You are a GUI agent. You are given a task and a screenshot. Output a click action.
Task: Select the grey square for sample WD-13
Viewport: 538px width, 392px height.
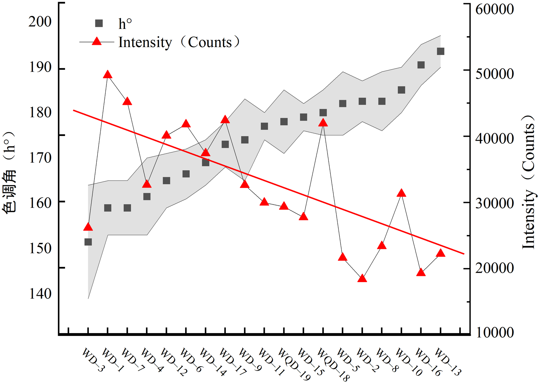pyautogui.click(x=440, y=51)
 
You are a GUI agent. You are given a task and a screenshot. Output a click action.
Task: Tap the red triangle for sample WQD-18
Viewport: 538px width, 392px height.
pyautogui.click(x=323, y=123)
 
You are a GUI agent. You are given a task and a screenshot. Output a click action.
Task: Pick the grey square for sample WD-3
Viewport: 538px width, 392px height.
pyautogui.click(x=88, y=242)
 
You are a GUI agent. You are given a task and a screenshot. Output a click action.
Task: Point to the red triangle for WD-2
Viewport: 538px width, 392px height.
pyautogui.click(x=362, y=278)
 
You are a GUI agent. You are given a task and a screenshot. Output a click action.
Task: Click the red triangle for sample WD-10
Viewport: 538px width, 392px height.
pyautogui.click(x=401, y=193)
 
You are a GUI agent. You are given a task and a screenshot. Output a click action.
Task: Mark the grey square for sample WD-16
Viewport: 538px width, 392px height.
pyautogui.click(x=421, y=65)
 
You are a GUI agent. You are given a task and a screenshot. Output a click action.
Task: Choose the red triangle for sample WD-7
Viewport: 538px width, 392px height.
pyautogui.click(x=127, y=102)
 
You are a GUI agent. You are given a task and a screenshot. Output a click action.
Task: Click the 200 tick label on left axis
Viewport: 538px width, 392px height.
pyautogui.click(x=40, y=22)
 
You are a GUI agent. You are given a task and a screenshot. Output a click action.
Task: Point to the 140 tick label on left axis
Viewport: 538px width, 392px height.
pyautogui.click(x=40, y=294)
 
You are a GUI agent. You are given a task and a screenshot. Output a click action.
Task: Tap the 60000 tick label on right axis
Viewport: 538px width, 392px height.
pyautogui.click(x=495, y=9)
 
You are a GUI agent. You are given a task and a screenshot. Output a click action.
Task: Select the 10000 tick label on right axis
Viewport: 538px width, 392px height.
pyautogui.click(x=495, y=332)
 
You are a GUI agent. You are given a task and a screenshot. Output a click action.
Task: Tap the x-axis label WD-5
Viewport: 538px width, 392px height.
pyautogui.click(x=347, y=360)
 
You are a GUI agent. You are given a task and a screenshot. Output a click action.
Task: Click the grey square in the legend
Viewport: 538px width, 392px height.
pyautogui.click(x=99, y=23)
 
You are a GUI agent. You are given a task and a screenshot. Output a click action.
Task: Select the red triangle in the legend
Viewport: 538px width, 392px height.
pyautogui.click(x=97, y=42)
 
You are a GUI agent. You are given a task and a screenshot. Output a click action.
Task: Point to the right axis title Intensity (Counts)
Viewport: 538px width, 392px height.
pyautogui.click(x=528, y=182)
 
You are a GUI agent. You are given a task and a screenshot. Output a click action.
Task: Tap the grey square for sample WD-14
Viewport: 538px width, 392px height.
pyautogui.click(x=206, y=162)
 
